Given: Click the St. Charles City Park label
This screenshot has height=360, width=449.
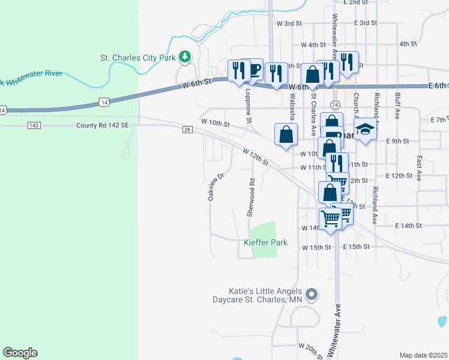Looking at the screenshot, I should [138, 58].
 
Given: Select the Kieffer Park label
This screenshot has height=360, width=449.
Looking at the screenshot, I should [265, 243].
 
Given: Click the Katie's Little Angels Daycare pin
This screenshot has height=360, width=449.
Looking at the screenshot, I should [311, 295].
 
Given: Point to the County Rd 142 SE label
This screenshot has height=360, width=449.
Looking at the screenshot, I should [102, 125].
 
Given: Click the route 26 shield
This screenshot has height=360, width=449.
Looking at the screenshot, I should [187, 130].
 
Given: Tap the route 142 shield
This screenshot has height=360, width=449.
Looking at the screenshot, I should [34, 125].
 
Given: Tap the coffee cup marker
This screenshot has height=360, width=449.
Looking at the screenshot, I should [254, 69].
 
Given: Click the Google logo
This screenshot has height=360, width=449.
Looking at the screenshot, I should [20, 353].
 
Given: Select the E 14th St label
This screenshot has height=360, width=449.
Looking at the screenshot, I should [409, 225].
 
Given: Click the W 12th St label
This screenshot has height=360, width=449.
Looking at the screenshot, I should [256, 158].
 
